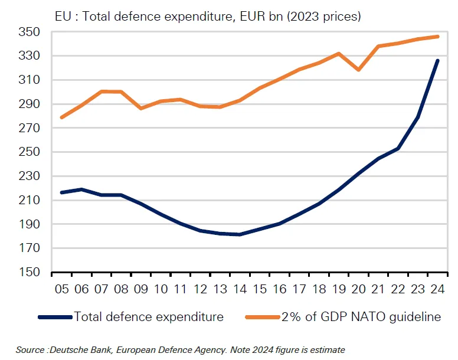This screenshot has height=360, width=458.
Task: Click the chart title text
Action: [x=207, y=16]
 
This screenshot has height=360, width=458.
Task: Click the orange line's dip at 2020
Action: [x=358, y=70]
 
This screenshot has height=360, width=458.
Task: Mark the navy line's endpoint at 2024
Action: [x=437, y=60]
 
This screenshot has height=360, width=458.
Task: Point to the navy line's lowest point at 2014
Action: [x=239, y=234]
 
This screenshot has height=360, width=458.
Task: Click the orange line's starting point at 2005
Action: [x=61, y=117]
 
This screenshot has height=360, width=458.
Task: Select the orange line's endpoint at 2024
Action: [x=437, y=37]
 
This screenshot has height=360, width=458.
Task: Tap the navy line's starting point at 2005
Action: [x=61, y=192]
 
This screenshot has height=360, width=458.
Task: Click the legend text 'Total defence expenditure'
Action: [x=149, y=317]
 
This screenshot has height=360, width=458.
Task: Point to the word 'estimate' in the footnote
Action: [x=328, y=350]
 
